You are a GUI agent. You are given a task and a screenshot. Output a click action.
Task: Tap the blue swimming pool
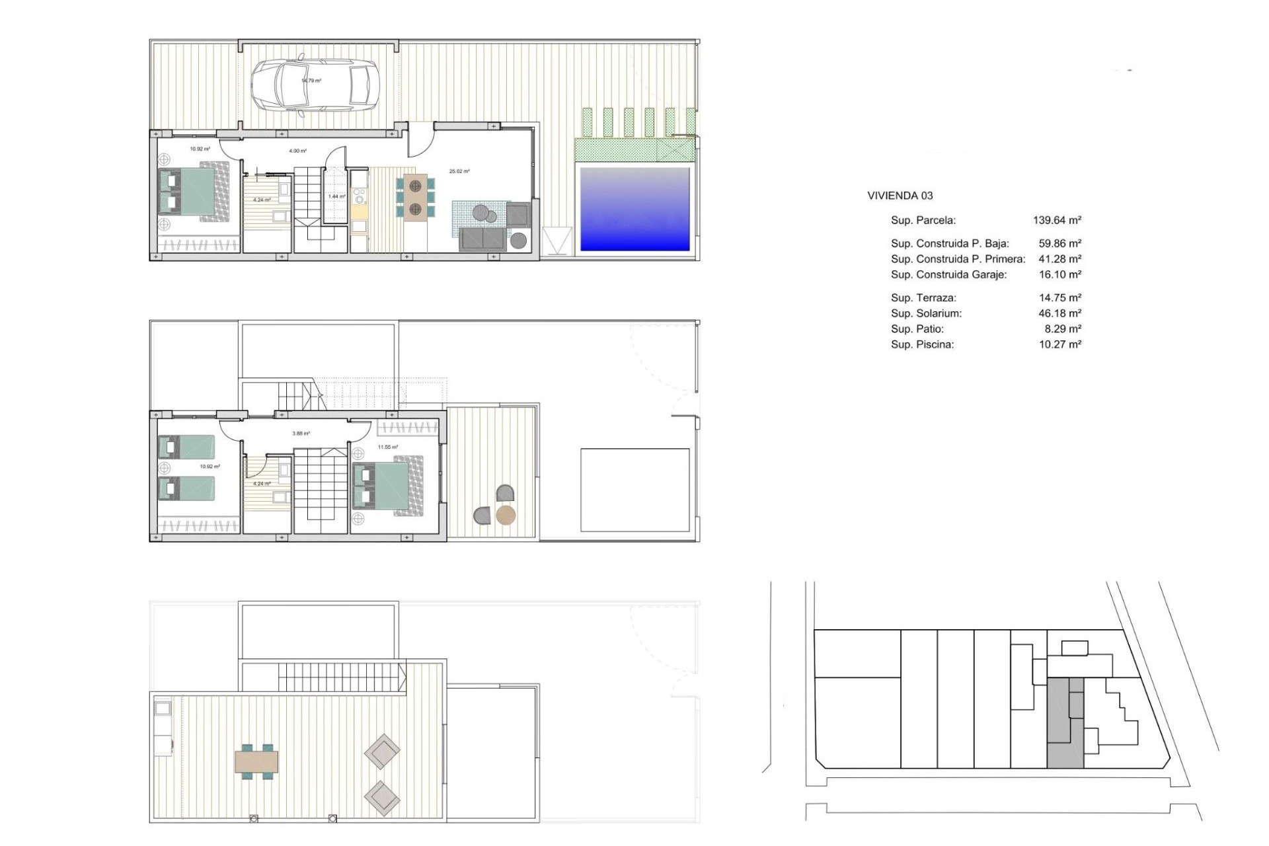click(634, 210)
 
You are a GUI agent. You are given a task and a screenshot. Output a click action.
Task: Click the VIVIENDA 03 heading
click(900, 196)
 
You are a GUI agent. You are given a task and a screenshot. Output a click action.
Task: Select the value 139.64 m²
click(1057, 220)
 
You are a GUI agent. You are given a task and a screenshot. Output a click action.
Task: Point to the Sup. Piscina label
click(922, 344)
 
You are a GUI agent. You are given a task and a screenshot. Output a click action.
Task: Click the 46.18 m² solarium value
click(1059, 313)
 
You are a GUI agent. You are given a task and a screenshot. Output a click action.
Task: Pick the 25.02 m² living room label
click(459, 171)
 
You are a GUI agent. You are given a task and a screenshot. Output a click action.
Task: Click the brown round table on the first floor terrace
click(506, 516)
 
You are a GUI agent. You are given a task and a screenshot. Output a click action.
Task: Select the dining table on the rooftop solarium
click(256, 762)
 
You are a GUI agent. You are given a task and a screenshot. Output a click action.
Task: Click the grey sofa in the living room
click(483, 239)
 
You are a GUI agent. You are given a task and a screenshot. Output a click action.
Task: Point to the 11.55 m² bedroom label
click(388, 447)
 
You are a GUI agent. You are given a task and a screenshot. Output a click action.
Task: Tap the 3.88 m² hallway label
click(301, 434)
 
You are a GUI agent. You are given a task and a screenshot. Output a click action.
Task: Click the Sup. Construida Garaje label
click(948, 274)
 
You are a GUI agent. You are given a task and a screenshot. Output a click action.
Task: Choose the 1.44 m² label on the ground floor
click(337, 196)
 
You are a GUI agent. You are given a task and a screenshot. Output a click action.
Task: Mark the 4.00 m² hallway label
click(297, 151)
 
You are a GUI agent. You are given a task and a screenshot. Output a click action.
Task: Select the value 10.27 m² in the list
click(1059, 344)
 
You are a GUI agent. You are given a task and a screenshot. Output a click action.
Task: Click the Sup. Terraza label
click(923, 297)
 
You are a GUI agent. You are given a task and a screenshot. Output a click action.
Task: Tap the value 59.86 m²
click(1059, 243)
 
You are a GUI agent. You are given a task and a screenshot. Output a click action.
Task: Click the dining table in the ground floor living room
click(415, 198)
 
